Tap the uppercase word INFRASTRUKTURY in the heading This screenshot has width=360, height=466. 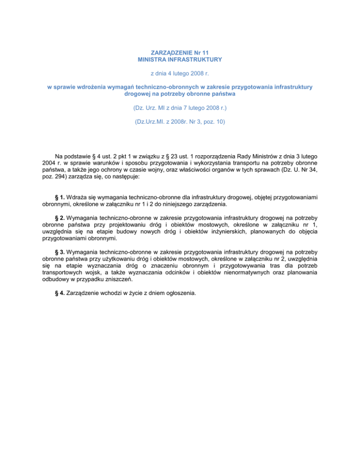click(x=196, y=60)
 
